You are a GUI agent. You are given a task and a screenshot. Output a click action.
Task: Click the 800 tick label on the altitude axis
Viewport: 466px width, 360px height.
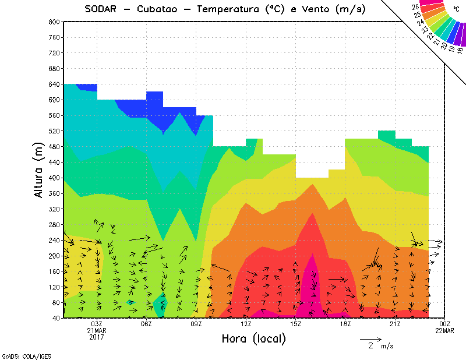click(x=54, y=22)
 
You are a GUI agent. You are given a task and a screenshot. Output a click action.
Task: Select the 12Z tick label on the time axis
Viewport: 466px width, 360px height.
click(x=246, y=324)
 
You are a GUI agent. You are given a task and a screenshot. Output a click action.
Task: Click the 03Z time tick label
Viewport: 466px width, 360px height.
click(x=97, y=324)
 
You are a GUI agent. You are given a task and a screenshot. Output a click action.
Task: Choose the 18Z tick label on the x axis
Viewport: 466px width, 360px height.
click(x=345, y=324)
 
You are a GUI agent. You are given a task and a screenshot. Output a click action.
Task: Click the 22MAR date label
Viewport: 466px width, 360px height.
click(x=445, y=330)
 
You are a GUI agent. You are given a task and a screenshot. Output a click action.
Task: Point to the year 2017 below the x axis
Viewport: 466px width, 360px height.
click(x=97, y=337)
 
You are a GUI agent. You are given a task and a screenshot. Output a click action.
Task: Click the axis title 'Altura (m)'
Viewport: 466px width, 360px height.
click(x=39, y=170)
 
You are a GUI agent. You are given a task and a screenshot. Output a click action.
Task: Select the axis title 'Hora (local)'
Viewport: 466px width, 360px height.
click(x=253, y=338)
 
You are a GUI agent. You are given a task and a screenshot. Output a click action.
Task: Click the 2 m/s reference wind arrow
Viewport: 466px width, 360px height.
click(x=370, y=338)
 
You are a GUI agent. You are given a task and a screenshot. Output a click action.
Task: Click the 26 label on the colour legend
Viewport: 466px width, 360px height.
click(x=415, y=6)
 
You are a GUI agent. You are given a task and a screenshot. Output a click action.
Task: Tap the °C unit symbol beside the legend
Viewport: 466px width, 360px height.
click(x=456, y=9)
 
